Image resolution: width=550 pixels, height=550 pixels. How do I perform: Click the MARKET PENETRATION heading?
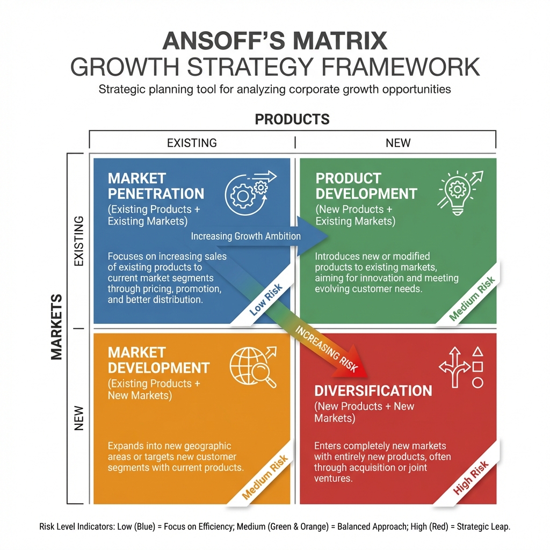[x=156, y=186]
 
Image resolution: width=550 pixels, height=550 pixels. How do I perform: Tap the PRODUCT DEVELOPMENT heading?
[x=366, y=186]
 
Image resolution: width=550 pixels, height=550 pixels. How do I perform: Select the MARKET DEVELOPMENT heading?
[x=158, y=360]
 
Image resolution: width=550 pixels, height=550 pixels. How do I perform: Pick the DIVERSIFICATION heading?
[x=373, y=390]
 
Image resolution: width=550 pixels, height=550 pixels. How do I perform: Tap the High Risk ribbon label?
[x=471, y=477]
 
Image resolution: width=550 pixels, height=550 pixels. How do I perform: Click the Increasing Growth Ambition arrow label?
[x=246, y=236]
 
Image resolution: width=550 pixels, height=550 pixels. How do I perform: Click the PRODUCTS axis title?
[x=292, y=119]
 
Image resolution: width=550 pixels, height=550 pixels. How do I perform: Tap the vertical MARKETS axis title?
[x=56, y=327]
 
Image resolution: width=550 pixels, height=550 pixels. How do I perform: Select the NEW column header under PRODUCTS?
[x=398, y=143]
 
